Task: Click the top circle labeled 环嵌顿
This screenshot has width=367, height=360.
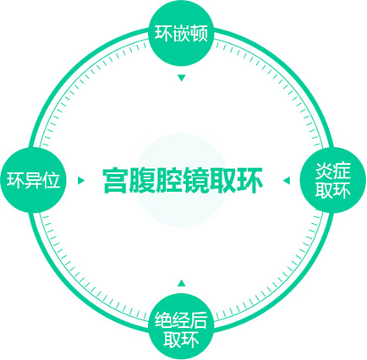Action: tap(181, 34)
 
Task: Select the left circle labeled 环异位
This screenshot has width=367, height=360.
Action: tap(33, 180)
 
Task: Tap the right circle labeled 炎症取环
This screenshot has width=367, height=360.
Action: tap(332, 180)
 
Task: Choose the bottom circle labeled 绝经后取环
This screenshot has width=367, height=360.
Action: tap(181, 327)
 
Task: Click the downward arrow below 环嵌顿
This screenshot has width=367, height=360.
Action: tap(181, 78)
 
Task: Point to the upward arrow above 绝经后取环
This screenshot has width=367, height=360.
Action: tap(181, 282)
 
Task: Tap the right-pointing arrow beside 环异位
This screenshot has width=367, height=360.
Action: tap(81, 180)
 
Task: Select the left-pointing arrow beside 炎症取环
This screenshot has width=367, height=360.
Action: tap(287, 180)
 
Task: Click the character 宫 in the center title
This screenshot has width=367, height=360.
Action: tap(115, 180)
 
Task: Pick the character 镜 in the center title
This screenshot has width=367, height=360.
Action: tap(195, 180)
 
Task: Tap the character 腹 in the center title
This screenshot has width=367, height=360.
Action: tap(142, 180)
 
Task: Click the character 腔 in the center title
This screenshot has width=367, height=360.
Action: tap(169, 180)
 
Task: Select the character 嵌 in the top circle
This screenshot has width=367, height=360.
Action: tap(181, 33)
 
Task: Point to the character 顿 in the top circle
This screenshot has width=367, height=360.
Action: tap(200, 33)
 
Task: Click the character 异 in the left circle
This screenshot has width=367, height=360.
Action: tap(33, 180)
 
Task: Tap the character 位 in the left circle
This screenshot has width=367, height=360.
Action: tap(52, 180)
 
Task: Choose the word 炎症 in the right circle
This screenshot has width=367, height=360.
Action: tap(332, 171)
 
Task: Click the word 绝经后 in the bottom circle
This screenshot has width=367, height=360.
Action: tap(181, 319)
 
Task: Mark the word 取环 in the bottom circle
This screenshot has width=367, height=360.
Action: tap(181, 339)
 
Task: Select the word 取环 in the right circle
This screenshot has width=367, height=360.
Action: tap(332, 190)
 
